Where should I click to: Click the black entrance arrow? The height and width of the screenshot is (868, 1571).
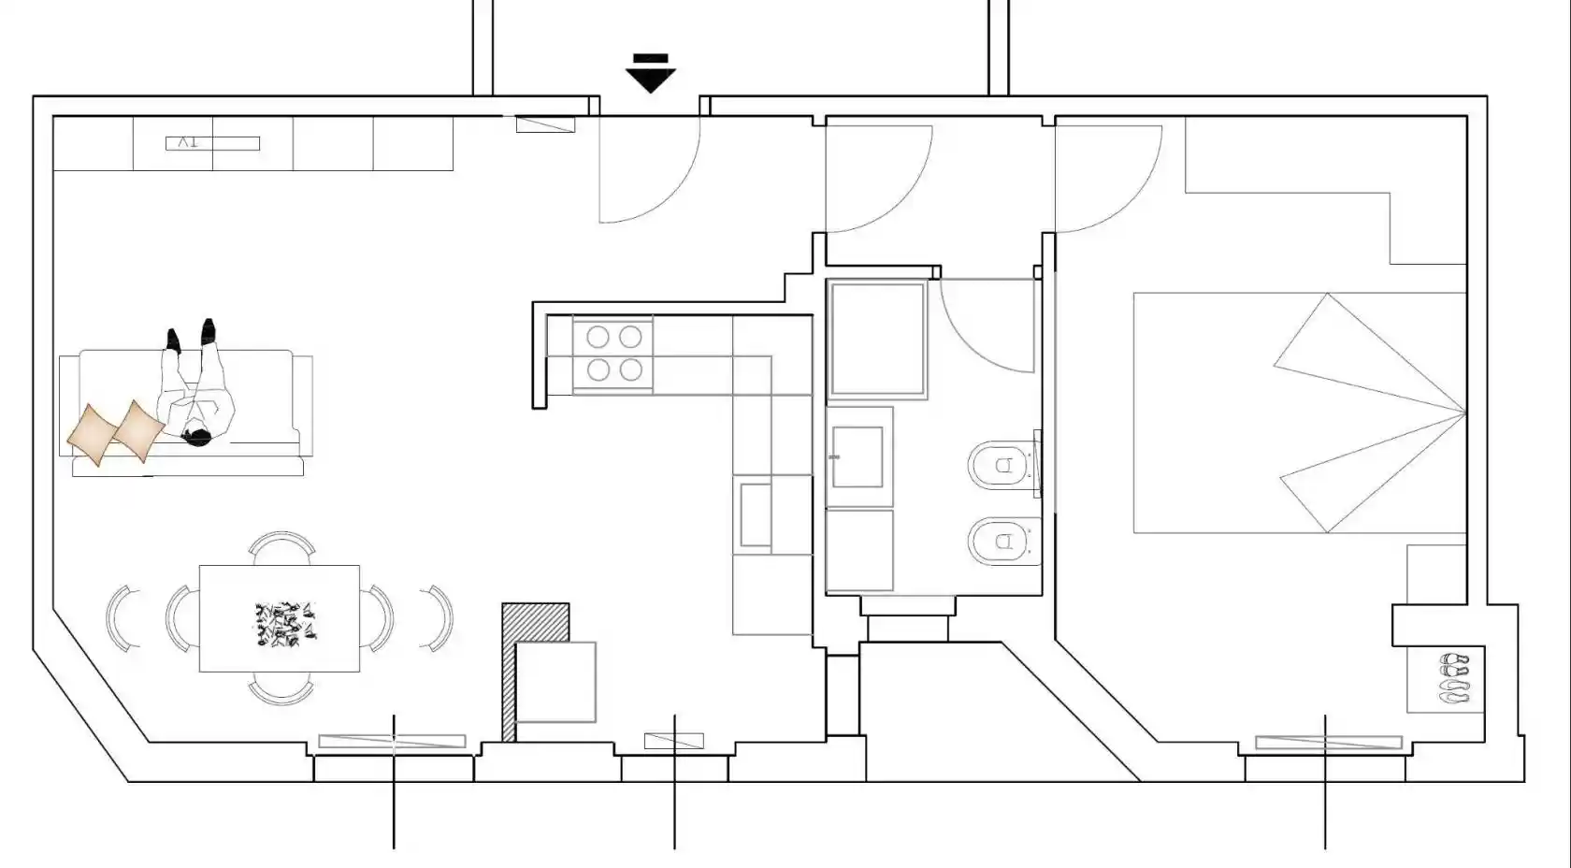tap(650, 74)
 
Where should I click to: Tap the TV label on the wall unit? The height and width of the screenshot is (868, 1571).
tap(188, 142)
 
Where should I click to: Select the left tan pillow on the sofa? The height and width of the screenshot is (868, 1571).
tap(93, 434)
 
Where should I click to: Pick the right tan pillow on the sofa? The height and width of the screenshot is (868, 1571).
tap(138, 431)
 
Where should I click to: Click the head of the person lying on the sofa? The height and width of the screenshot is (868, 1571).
tap(196, 437)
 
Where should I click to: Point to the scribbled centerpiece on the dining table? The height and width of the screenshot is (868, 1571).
tap(284, 624)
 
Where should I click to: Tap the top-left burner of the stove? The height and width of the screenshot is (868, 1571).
tap(598, 338)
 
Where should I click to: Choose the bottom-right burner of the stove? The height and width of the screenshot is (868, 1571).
tap(630, 369)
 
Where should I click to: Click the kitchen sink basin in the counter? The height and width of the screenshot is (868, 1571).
tap(756, 514)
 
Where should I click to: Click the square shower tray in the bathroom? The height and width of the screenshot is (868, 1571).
tap(877, 339)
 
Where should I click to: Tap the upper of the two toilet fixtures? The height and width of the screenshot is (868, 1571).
tap(1002, 465)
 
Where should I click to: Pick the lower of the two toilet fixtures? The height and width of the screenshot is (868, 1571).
tap(1002, 541)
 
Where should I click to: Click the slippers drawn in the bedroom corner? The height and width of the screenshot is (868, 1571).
tap(1454, 678)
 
